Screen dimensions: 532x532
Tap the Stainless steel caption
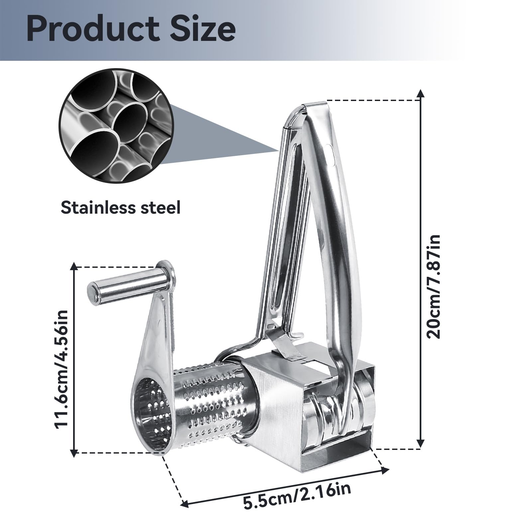click(120, 208)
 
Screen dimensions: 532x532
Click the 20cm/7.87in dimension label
click(434, 286)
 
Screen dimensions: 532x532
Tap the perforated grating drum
click(213, 404)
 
